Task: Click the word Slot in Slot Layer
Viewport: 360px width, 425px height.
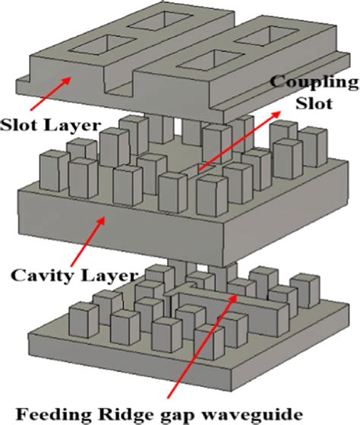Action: [20, 125]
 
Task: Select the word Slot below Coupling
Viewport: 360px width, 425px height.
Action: [314, 103]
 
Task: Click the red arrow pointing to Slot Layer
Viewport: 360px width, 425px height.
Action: [51, 94]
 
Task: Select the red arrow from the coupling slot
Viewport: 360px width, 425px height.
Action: [239, 141]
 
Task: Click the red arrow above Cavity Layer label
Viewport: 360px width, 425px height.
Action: [87, 241]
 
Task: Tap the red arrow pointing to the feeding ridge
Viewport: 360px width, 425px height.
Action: [202, 346]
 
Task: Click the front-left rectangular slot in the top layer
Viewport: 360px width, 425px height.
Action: [103, 44]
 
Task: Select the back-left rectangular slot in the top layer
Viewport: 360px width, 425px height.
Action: [161, 21]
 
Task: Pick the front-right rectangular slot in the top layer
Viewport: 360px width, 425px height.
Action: [211, 59]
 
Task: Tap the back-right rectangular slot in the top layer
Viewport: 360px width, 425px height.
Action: [267, 35]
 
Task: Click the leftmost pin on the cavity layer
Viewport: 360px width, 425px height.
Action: [54, 170]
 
